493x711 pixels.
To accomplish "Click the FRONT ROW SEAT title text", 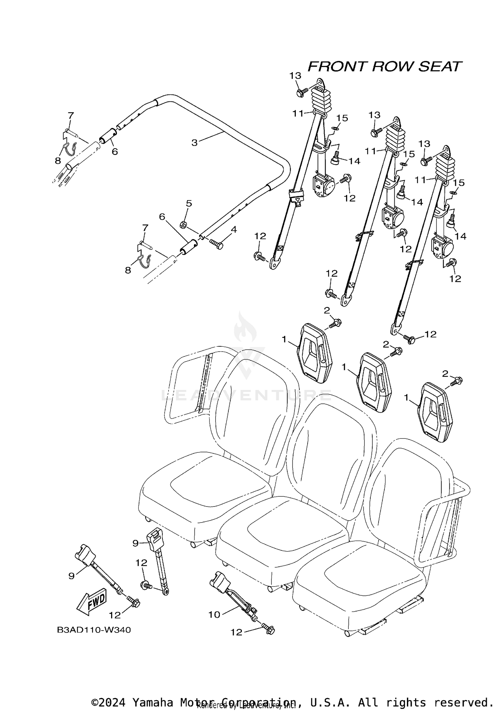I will click(384, 67).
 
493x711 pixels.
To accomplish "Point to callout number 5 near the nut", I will click(189, 204).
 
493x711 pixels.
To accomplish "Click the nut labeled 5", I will click(183, 225).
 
